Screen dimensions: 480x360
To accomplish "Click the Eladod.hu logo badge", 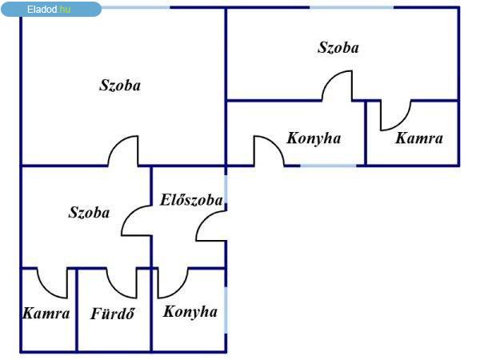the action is click(x=51, y=9).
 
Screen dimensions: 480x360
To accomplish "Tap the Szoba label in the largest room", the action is click(x=120, y=86).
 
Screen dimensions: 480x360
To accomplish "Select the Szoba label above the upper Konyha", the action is click(x=338, y=48).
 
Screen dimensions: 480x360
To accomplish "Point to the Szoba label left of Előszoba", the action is click(x=89, y=213).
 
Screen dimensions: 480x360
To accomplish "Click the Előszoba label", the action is click(x=191, y=200).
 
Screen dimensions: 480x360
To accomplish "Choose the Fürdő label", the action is click(x=113, y=314).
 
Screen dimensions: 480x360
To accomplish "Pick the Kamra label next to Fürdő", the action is click(x=46, y=313).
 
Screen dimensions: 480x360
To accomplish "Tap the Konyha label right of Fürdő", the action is click(x=190, y=312).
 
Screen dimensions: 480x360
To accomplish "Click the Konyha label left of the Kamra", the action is click(x=314, y=138).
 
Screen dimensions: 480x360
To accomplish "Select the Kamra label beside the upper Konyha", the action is click(x=419, y=138).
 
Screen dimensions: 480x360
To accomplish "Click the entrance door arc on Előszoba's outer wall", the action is click(x=202, y=219).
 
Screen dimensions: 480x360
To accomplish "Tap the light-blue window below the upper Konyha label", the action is click(x=328, y=166).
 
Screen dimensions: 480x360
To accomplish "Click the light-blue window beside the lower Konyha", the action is click(x=226, y=310).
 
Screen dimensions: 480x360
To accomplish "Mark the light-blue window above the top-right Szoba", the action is click(x=352, y=7).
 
